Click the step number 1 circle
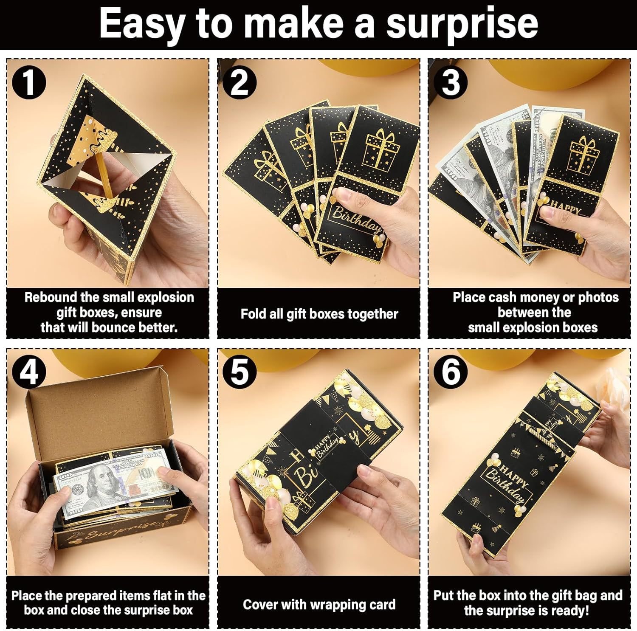29,83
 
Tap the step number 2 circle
240,83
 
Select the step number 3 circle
451,83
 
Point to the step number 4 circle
29,372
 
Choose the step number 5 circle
240,372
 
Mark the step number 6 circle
451,372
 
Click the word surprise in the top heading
462,24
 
